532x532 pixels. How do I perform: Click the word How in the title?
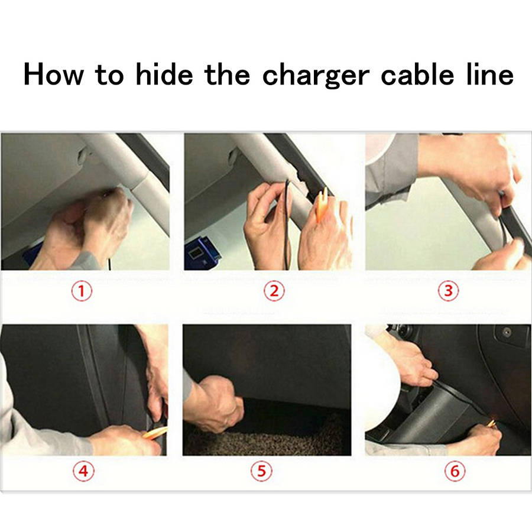pos(53,74)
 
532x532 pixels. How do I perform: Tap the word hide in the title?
pos(164,74)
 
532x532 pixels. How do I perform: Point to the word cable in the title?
pos(417,74)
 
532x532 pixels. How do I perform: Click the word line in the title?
pos(490,74)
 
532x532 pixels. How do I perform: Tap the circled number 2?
pos(274,291)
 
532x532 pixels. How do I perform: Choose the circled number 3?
pos(449,291)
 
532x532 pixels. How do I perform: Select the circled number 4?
pos(83,471)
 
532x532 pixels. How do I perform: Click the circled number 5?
pos(261,471)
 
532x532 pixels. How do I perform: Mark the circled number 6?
pos(455,471)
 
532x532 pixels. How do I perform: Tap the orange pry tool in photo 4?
pos(155,433)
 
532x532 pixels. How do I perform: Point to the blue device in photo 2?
pos(202,254)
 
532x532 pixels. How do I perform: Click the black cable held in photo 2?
pos(288,224)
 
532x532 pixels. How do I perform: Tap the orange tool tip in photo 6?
pos(491,423)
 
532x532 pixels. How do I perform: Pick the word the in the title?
pos(227,74)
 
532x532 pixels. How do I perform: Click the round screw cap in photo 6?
pos(506,332)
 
